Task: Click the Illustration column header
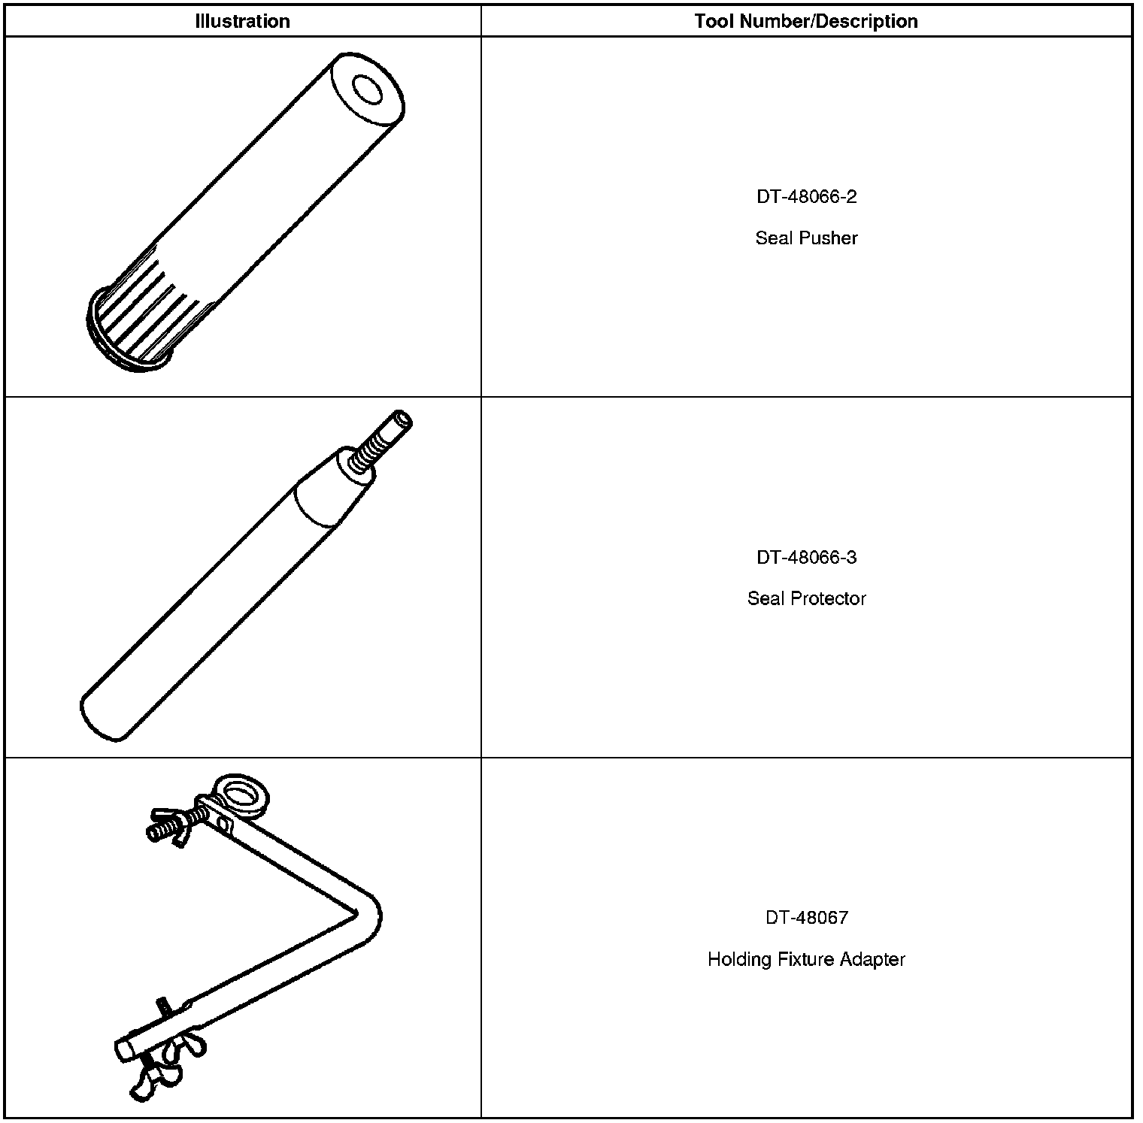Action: coord(242,21)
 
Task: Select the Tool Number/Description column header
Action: coord(806,21)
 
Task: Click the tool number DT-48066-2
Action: coord(806,197)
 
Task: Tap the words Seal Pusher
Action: coord(806,238)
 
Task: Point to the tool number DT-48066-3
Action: coord(806,557)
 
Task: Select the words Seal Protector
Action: coord(806,598)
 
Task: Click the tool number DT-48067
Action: coord(806,917)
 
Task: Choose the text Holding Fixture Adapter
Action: coord(806,959)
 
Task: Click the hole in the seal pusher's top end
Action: coord(368,90)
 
